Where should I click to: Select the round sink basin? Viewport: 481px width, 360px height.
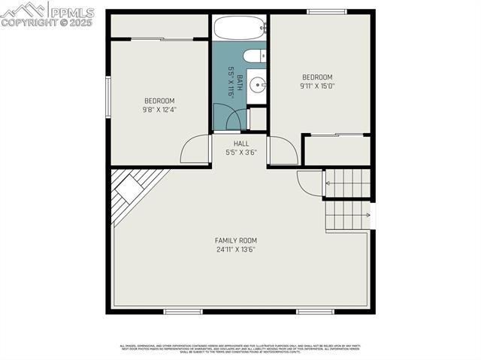point(256,83)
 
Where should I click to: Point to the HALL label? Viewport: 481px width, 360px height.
point(241,143)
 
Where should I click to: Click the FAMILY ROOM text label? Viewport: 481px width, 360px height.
point(236,241)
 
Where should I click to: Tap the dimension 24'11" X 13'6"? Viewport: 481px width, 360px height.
point(236,250)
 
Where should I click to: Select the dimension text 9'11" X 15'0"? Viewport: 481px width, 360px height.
point(318,86)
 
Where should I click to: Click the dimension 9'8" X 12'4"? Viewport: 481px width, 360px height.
point(159,110)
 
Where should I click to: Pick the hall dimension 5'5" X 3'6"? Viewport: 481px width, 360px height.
point(241,152)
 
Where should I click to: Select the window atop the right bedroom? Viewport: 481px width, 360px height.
point(327,11)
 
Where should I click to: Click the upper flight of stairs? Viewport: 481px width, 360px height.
point(347,183)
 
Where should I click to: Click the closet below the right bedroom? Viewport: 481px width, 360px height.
point(337,150)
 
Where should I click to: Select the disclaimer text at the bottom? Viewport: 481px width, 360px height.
point(240,348)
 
